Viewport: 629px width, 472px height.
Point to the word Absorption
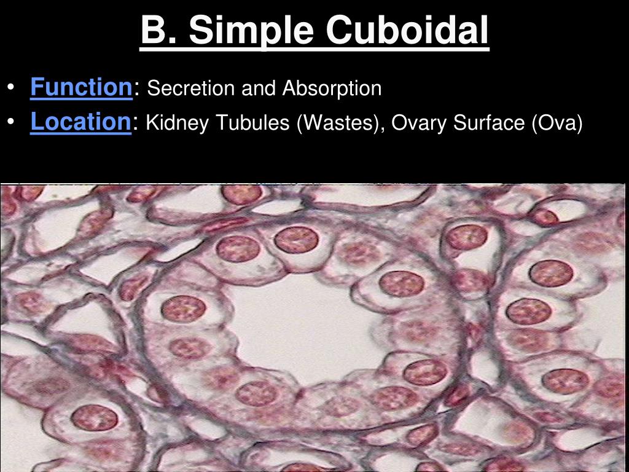[x=332, y=88]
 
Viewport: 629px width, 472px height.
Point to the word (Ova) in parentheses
[x=557, y=124]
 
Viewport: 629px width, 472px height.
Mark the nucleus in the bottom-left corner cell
[x=93, y=418]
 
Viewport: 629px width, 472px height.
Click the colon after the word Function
[x=136, y=90]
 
